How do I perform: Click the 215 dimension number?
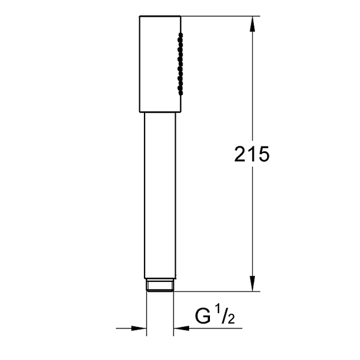251,154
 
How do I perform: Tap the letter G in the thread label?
203,316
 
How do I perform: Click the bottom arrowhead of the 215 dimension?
253,283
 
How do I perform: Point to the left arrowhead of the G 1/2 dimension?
139,328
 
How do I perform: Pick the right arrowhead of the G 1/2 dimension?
181,328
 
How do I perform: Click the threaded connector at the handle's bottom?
160,285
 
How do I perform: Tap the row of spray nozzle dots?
180,64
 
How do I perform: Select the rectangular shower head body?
160,64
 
